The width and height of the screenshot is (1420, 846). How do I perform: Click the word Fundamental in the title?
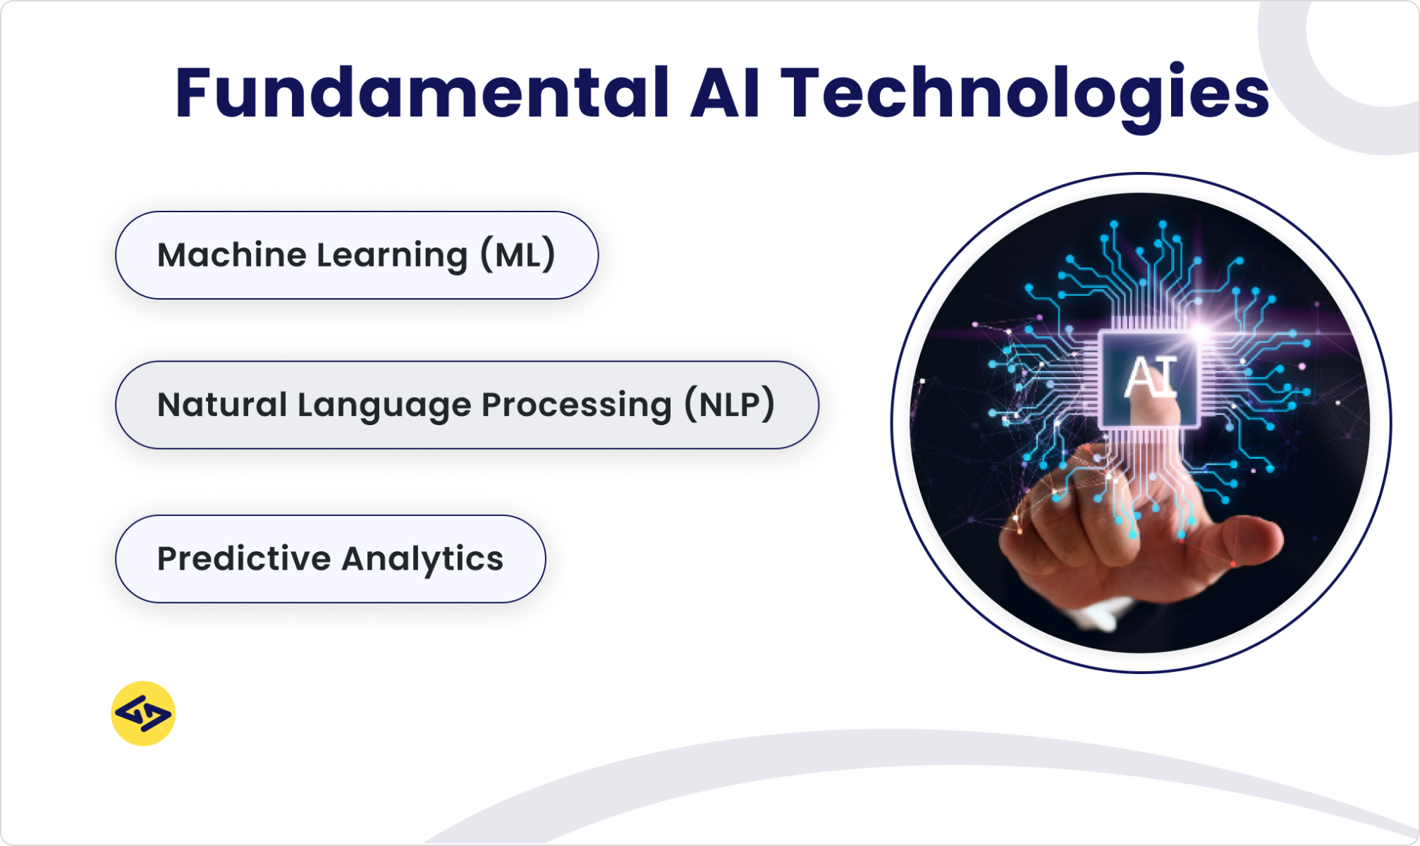(x=421, y=93)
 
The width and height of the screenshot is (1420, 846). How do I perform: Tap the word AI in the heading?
(x=726, y=93)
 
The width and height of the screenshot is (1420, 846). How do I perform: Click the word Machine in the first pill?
(x=231, y=255)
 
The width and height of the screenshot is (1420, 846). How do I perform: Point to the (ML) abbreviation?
(x=518, y=255)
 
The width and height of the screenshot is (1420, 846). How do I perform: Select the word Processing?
(x=576, y=406)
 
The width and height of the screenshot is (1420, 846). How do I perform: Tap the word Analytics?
(x=422, y=559)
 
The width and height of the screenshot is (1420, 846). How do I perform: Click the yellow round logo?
(x=143, y=713)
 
